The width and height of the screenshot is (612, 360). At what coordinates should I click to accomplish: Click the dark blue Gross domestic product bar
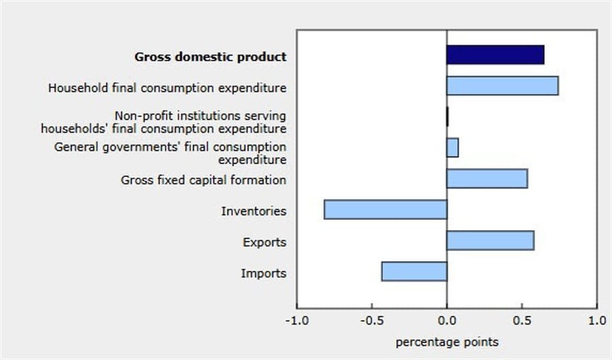[495, 55]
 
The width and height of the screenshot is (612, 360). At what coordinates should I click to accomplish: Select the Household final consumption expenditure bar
[502, 86]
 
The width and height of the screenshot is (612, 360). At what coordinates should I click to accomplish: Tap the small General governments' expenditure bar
[452, 148]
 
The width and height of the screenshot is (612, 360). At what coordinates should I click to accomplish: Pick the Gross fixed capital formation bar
[487, 178]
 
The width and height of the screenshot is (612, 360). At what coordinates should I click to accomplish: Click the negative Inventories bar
[386, 210]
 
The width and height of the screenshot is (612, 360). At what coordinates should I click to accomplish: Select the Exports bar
[490, 240]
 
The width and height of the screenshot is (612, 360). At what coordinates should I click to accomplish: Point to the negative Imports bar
[414, 272]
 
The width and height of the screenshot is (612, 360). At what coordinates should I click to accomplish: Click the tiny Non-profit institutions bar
[447, 117]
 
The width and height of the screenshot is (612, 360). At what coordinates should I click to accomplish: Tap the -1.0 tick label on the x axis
[296, 321]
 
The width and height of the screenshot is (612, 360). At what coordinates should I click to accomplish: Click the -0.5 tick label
[371, 321]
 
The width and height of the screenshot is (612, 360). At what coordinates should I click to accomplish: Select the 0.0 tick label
[447, 321]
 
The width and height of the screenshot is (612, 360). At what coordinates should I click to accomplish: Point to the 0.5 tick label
[522, 321]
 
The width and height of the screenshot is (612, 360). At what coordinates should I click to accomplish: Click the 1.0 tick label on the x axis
[596, 321]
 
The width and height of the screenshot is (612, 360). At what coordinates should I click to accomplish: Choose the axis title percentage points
[447, 342]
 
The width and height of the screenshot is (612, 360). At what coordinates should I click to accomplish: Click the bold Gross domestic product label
[210, 56]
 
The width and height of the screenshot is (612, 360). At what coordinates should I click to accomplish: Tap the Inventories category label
[254, 211]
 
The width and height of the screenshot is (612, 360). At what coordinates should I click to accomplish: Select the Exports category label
[265, 242]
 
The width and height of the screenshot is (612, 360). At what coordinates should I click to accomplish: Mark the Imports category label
[263, 274]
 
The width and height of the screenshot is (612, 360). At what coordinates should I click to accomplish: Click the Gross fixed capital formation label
[203, 180]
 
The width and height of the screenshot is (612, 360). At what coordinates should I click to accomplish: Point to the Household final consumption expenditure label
[167, 88]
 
